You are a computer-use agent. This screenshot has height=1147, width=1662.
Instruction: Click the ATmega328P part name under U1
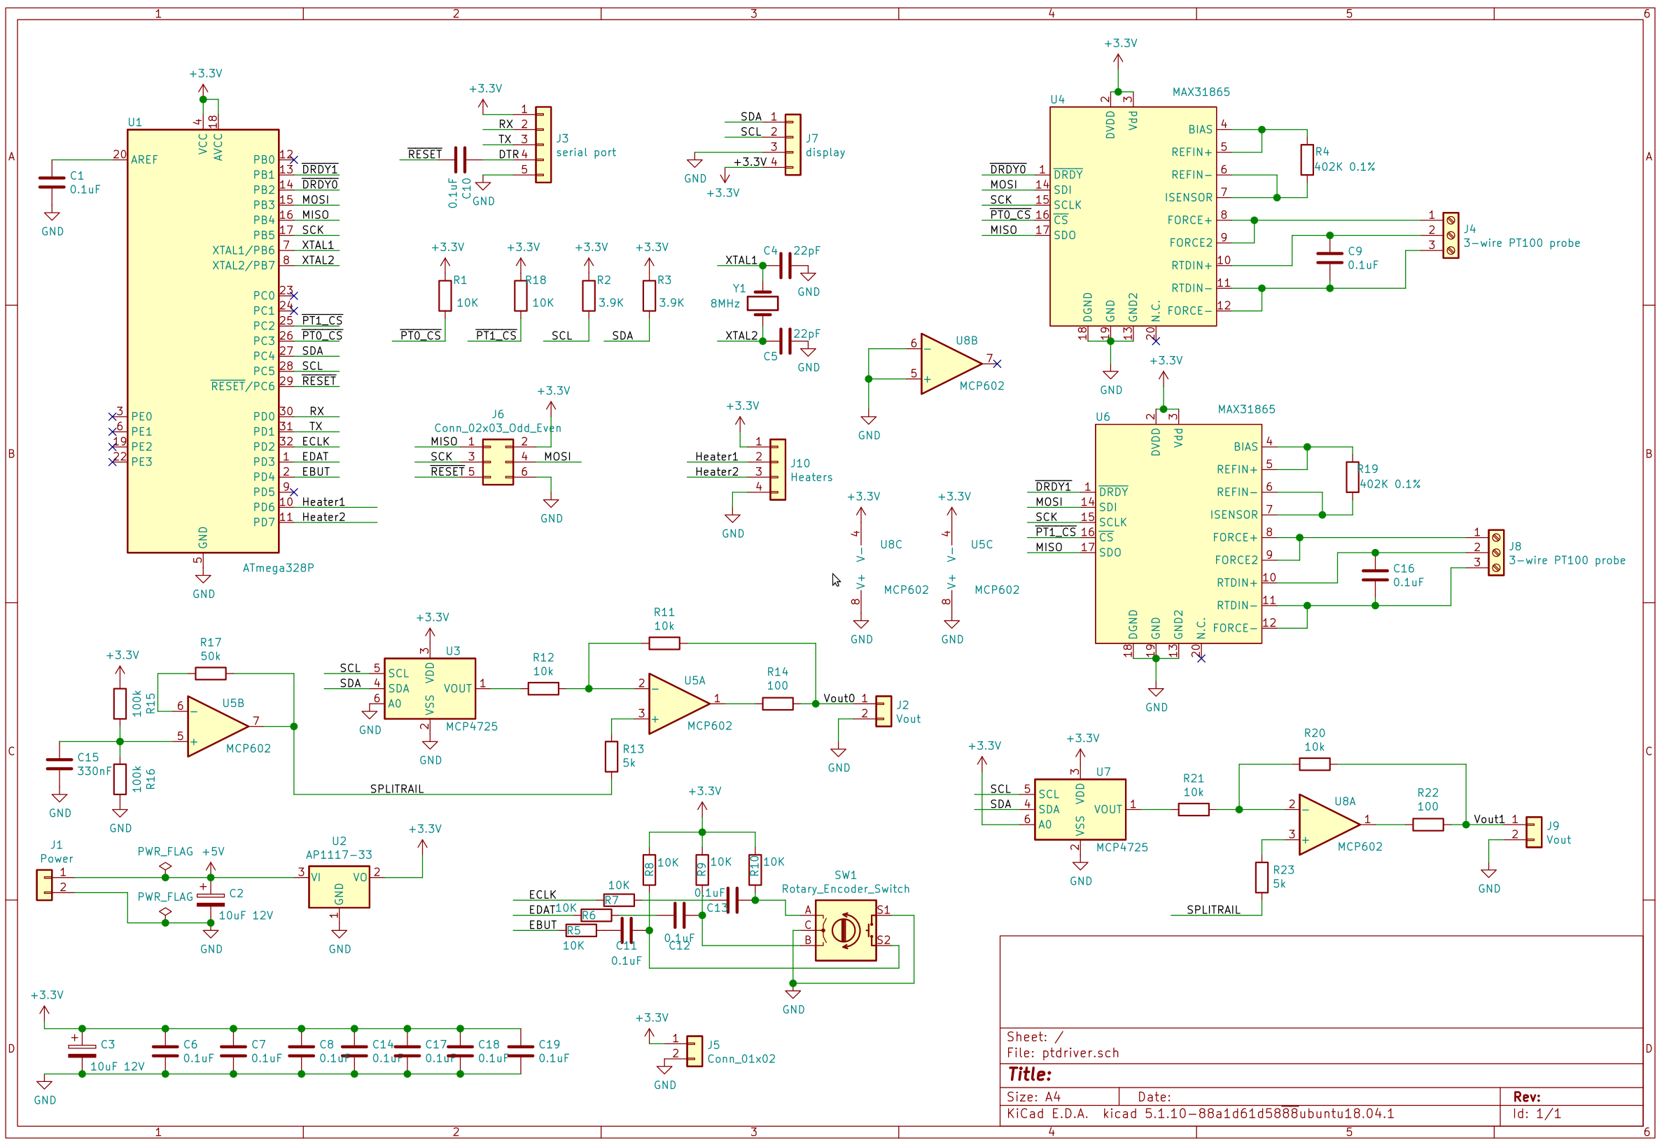279,568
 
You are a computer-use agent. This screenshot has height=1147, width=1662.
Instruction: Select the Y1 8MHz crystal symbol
762,304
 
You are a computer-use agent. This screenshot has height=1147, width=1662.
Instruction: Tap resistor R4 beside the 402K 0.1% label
1307,159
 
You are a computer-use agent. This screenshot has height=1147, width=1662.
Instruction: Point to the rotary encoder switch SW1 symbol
846,931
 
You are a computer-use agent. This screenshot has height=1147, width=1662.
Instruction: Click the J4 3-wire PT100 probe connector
1451,235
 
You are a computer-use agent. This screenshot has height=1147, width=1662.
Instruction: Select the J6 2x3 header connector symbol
498,462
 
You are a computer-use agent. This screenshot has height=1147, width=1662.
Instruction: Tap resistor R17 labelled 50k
211,674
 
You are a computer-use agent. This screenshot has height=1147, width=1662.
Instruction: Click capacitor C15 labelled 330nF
59,764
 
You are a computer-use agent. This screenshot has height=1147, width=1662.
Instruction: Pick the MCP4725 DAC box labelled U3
429,688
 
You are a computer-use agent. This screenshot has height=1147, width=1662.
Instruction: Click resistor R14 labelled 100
777,704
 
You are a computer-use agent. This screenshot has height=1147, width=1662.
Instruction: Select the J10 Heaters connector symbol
777,469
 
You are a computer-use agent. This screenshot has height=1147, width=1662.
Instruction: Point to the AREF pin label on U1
144,159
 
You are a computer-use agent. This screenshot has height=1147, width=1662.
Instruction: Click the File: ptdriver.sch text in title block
1063,1053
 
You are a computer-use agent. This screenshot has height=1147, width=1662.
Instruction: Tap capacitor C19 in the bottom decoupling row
521,1050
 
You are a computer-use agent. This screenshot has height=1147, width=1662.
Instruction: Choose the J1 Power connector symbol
44,885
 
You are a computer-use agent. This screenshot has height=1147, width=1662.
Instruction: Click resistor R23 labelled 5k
1262,878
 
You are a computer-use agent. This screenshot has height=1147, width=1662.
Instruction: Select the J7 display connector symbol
792,145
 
